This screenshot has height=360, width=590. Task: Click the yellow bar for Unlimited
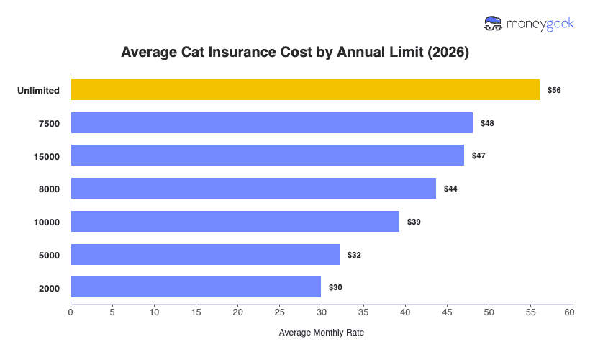pyautogui.click(x=305, y=90)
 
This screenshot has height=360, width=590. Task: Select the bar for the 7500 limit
pyautogui.click(x=271, y=123)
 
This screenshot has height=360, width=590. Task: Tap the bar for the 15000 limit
pyautogui.click(x=267, y=156)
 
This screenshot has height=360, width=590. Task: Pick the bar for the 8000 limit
pyautogui.click(x=253, y=189)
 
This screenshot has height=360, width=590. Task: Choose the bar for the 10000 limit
pyautogui.click(x=235, y=222)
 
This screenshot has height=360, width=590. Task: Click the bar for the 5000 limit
pyautogui.click(x=205, y=254)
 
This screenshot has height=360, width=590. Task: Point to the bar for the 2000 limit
pyautogui.click(x=196, y=287)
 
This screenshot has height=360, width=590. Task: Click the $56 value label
pyautogui.click(x=554, y=91)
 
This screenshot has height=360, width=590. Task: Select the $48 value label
pyautogui.click(x=487, y=123)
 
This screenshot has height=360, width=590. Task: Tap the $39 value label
pyautogui.click(x=414, y=222)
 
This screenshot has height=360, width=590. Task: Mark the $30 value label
pyautogui.click(x=335, y=287)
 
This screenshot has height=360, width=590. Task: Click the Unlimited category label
pyautogui.click(x=39, y=91)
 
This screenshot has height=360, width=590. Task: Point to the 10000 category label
pyautogui.click(x=47, y=222)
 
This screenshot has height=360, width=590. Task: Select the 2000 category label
pyautogui.click(x=50, y=288)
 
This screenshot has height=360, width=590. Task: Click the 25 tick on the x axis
pyautogui.click(x=280, y=313)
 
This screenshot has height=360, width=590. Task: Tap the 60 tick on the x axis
pyautogui.click(x=573, y=313)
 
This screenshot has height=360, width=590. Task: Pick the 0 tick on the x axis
pyautogui.click(x=71, y=313)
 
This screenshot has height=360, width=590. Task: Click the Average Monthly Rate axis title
pyautogui.click(x=322, y=333)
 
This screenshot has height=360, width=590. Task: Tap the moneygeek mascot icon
pyautogui.click(x=494, y=23)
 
